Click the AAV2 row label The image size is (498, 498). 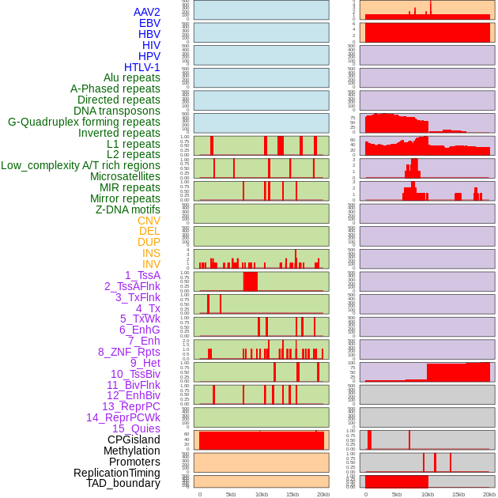click(x=147, y=12)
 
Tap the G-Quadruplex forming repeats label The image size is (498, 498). click(x=84, y=122)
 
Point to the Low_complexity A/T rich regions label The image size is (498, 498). click(x=81, y=165)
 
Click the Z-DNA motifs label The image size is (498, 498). click(x=128, y=209)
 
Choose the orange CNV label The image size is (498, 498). click(x=149, y=221)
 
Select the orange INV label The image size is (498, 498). click(x=151, y=264)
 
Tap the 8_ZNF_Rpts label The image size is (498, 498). click(x=129, y=352)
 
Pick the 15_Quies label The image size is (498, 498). click(x=136, y=428)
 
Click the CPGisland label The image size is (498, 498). click(x=134, y=440)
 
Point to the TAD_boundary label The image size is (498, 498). click(x=123, y=483)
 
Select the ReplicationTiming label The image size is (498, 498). click(x=117, y=473)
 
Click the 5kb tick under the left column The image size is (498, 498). click(x=231, y=494)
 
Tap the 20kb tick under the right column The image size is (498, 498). click(x=489, y=494)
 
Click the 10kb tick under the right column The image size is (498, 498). click(x=428, y=494)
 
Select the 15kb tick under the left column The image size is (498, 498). click(x=292, y=494)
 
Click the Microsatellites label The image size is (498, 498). click(x=125, y=176)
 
